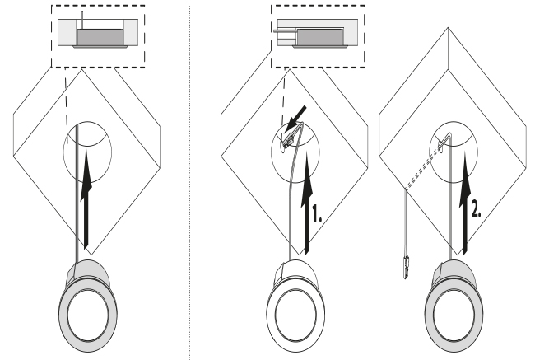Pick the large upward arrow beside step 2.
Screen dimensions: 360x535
coord(465,202)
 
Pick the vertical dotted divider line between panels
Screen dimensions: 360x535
coord(190,181)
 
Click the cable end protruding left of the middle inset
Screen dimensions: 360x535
coord(281,34)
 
